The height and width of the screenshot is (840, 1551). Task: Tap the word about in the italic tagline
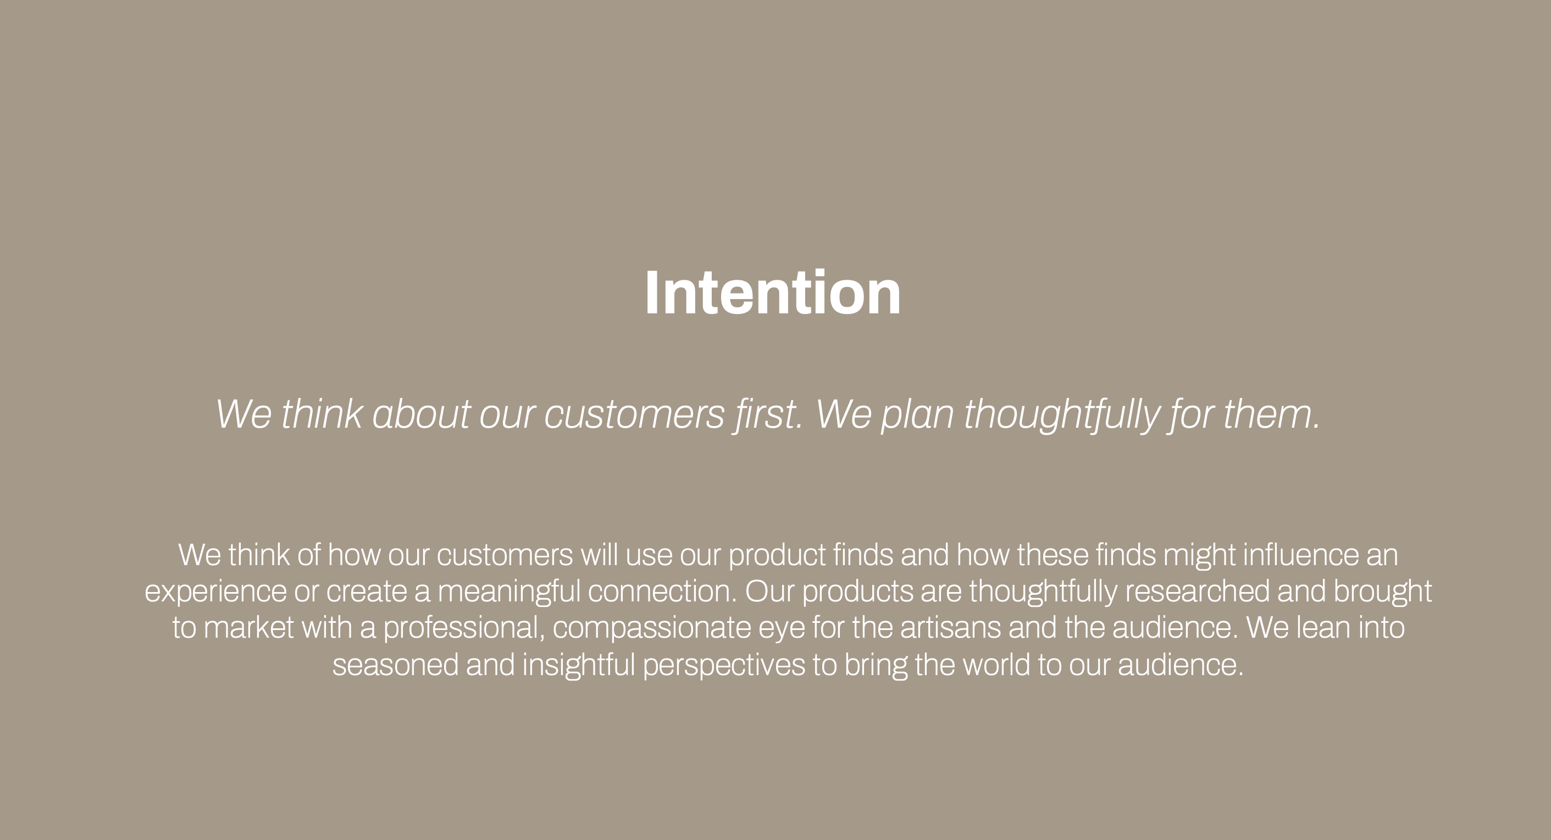pos(421,415)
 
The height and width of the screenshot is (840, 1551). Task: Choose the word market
pos(248,628)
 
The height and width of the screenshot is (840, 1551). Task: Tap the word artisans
pos(951,628)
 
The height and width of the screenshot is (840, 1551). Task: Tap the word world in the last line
pos(996,665)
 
